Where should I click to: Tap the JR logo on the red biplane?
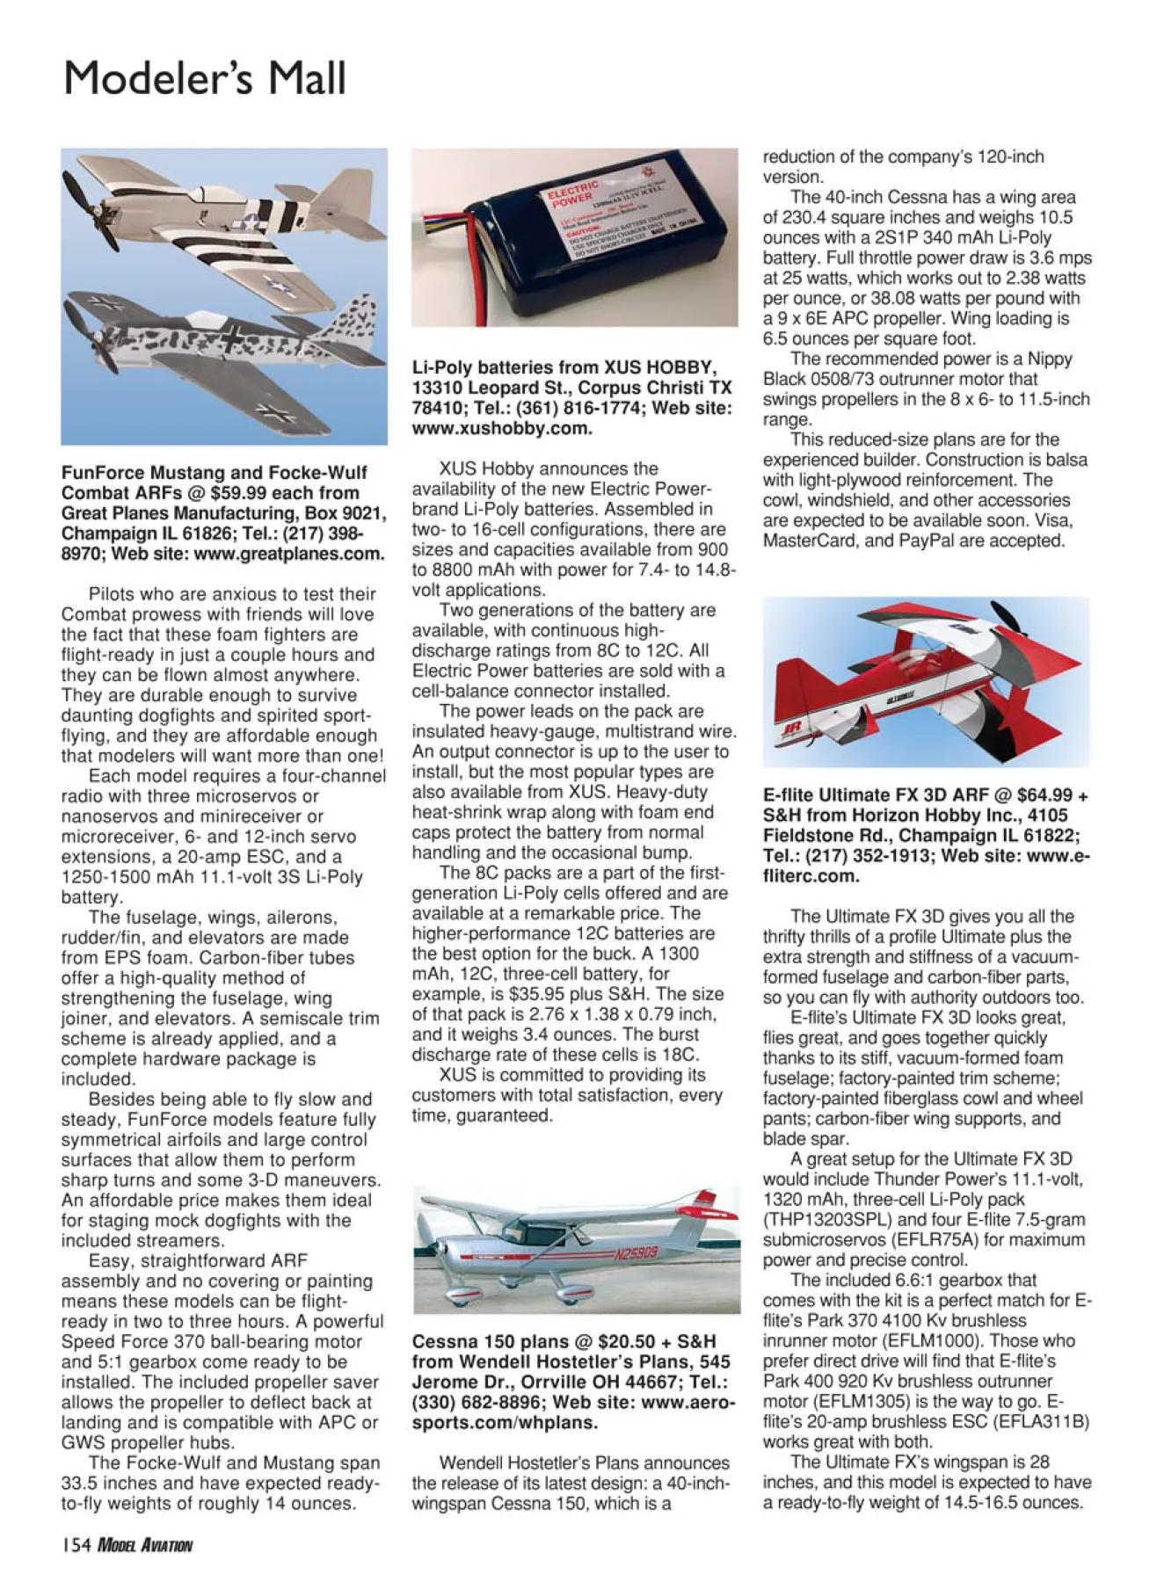click(x=789, y=728)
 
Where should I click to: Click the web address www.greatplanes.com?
click(x=289, y=554)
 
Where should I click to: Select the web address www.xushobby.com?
click(x=502, y=428)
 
